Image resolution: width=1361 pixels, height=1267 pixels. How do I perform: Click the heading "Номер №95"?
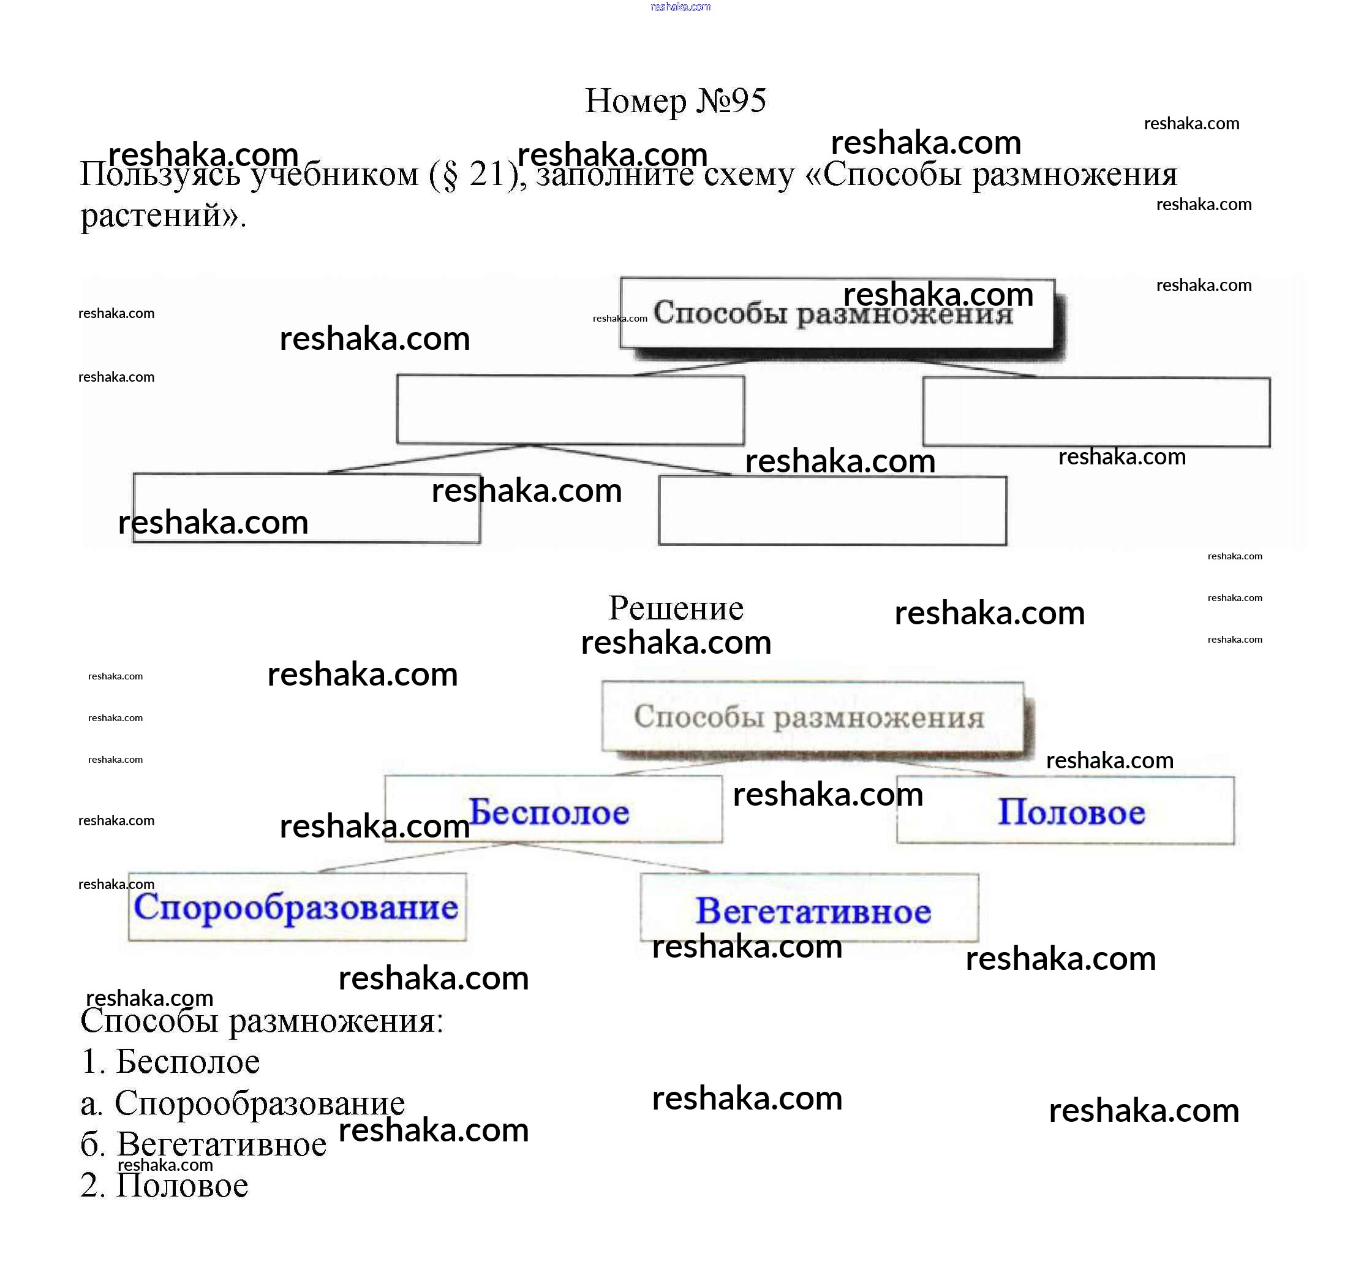coord(675,101)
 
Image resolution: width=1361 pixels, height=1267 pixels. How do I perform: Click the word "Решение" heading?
coord(675,608)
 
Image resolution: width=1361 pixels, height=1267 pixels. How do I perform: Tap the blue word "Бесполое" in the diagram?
coord(548,812)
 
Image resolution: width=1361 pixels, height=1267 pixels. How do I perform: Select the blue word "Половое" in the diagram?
coord(1071,812)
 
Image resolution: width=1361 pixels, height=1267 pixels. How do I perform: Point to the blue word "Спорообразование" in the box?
coord(296,907)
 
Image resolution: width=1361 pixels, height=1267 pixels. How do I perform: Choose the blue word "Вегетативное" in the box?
coord(813,912)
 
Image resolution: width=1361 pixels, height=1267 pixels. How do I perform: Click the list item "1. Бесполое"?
coord(170,1062)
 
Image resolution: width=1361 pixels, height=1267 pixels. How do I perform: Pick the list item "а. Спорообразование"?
coord(243,1103)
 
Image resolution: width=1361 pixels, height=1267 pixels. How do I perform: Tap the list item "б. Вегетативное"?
coord(203,1144)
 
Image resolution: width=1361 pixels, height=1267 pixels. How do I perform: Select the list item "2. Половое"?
coord(164,1186)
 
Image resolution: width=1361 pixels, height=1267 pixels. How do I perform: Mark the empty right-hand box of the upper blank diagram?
coord(1096,412)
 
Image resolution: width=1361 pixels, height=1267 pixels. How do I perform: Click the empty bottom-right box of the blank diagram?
coord(832,511)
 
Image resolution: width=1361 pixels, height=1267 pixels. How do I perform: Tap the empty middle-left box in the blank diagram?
coord(570,409)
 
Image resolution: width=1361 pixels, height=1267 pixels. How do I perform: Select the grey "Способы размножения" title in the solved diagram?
coord(809,717)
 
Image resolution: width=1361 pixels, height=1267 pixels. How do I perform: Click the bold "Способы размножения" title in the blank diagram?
coord(832,313)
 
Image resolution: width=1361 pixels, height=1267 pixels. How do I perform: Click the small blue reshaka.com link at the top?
coord(680,7)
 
